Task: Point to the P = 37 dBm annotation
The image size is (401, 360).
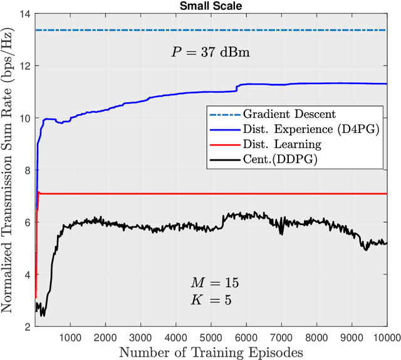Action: pyautogui.click(x=211, y=53)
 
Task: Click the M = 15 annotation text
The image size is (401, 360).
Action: pyautogui.click(x=214, y=283)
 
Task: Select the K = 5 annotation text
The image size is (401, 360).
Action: pyautogui.click(x=211, y=299)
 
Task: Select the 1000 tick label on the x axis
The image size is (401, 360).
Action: pyautogui.click(x=70, y=337)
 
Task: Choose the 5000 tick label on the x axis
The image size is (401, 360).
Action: pyautogui.click(x=211, y=337)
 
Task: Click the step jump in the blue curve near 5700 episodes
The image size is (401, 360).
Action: pyautogui.click(x=236, y=88)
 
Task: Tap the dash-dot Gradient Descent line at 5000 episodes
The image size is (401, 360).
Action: pyautogui.click(x=211, y=30)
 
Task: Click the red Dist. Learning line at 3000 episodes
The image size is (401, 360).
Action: pyautogui.click(x=140, y=194)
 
